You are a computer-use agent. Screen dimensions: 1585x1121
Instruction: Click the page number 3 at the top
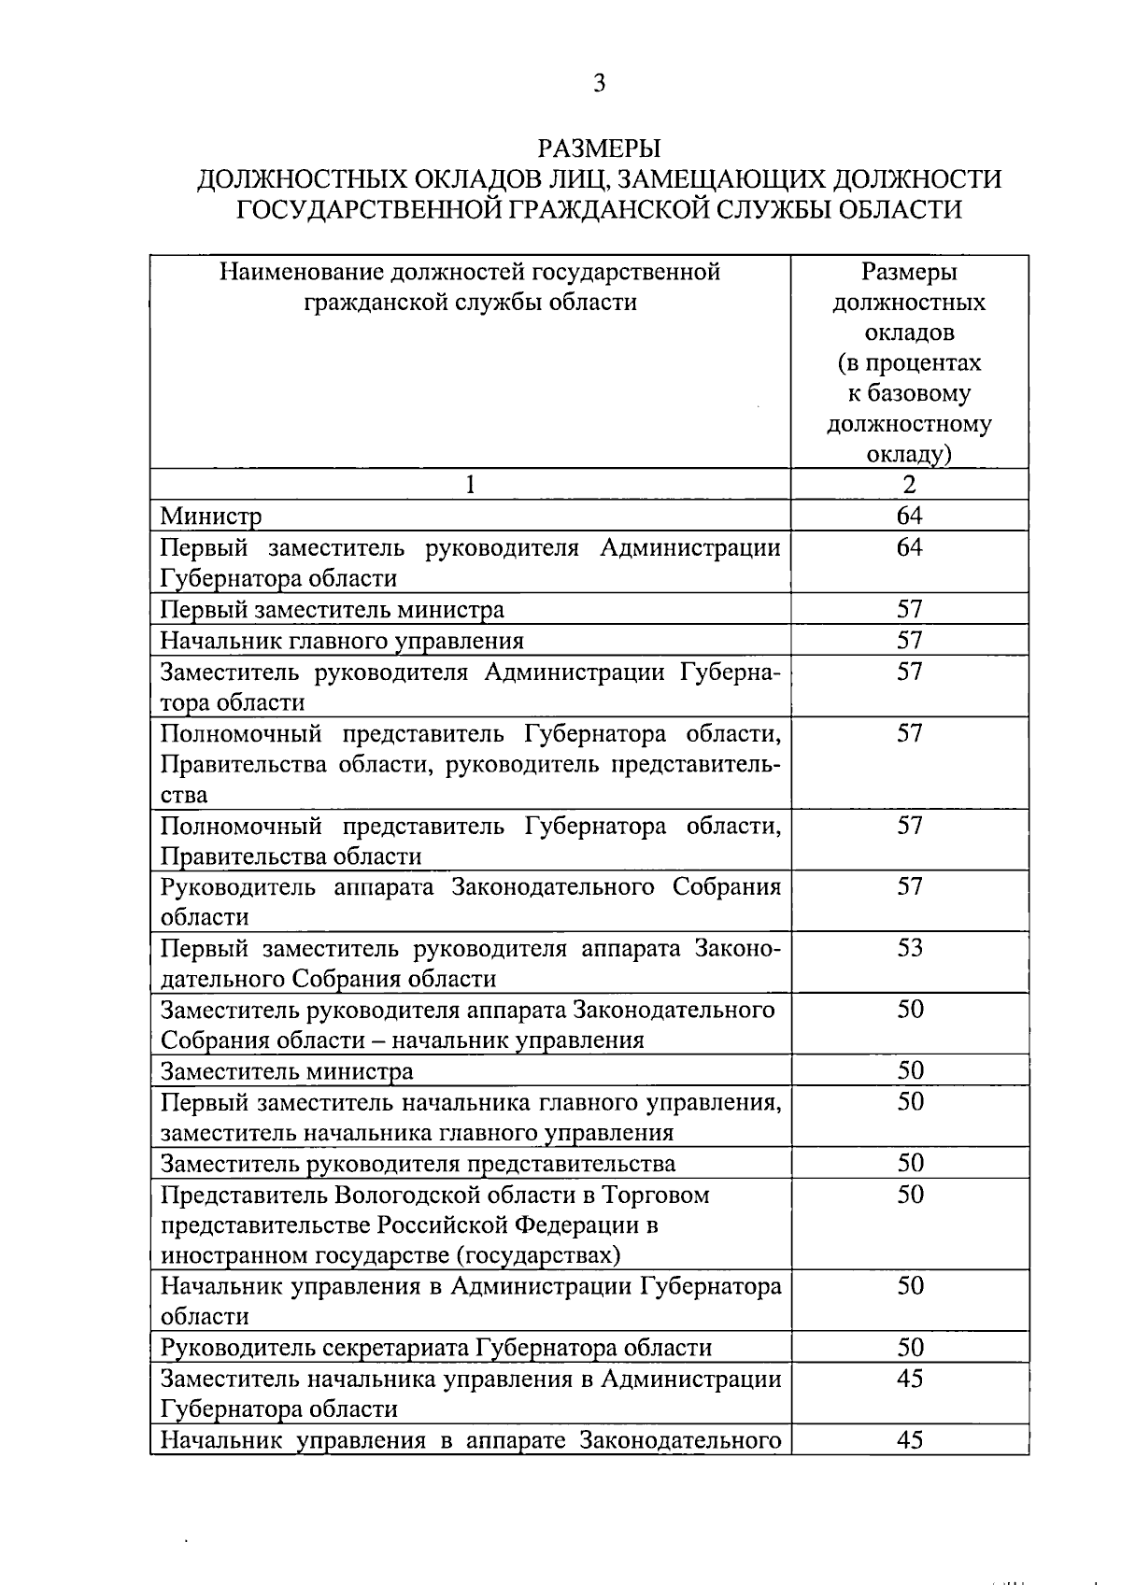(600, 84)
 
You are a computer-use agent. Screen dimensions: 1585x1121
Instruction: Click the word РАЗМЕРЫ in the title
(599, 149)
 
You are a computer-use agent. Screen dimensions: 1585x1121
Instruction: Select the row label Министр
(211, 516)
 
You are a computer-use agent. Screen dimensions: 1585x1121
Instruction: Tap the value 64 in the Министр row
(909, 516)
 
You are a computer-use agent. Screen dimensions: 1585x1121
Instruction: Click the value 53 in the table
(909, 948)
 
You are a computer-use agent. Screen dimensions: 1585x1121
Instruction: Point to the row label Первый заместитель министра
(333, 610)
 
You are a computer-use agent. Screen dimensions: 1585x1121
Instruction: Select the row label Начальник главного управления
(342, 641)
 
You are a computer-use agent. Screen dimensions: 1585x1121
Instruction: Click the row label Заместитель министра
(287, 1071)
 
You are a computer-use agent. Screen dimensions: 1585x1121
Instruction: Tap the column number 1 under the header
(470, 484)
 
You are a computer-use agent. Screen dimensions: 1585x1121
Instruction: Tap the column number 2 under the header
(909, 484)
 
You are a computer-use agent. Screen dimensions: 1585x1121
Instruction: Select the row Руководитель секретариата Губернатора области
(436, 1348)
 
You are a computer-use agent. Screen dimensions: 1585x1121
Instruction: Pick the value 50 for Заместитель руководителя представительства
(909, 1163)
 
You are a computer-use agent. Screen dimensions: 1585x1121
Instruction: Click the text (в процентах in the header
(909, 362)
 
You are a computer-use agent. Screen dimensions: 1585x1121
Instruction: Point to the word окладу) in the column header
(909, 454)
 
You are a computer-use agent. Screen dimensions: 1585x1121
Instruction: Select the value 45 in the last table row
(909, 1439)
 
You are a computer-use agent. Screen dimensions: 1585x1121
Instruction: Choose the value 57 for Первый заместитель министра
(909, 610)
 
